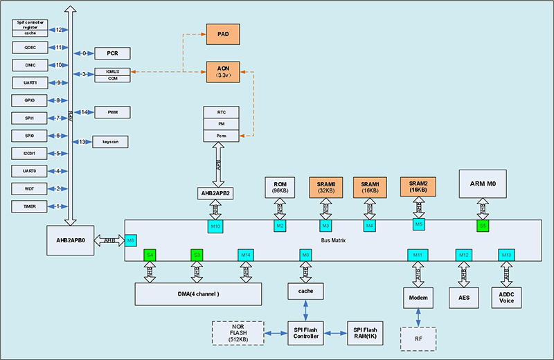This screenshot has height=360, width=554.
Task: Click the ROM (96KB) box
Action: (x=280, y=187)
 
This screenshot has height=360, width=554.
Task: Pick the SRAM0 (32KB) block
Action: (x=325, y=187)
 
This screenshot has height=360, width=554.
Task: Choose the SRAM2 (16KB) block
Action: (x=419, y=186)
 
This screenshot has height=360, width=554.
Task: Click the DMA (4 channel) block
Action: (x=198, y=294)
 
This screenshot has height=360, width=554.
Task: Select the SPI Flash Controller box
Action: (x=306, y=332)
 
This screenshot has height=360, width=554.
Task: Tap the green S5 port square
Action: (x=483, y=226)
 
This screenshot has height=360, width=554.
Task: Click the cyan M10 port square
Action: (x=215, y=226)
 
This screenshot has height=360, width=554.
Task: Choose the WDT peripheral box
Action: (x=29, y=188)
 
